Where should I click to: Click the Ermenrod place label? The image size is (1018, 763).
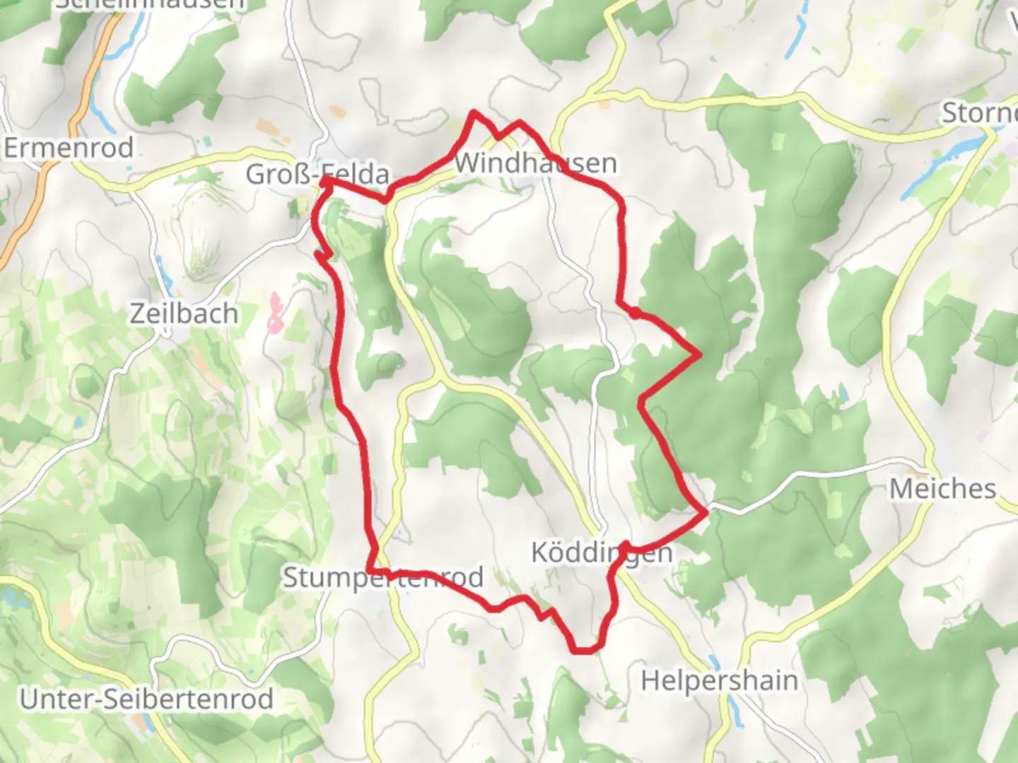tap(69, 148)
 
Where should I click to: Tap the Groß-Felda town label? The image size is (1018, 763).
tap(317, 174)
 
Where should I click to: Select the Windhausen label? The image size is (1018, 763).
tap(536, 163)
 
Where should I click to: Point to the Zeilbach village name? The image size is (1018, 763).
tap(184, 314)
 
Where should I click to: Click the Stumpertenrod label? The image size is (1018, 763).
tap(383, 578)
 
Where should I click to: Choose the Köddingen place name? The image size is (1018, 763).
tap(602, 552)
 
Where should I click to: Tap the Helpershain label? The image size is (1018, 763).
tap(720, 681)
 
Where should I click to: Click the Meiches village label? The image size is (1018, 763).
tap(942, 488)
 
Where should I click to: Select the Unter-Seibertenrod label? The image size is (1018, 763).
tap(146, 699)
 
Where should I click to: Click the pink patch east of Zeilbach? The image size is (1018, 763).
tap(274, 313)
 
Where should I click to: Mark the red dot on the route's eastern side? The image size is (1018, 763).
tap(636, 313)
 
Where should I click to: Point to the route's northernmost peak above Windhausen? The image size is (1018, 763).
tap(474, 112)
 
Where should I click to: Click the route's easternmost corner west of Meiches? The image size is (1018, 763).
tap(706, 511)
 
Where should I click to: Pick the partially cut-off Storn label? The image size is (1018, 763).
tap(979, 113)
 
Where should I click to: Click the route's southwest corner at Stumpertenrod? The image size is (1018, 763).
tap(370, 569)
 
